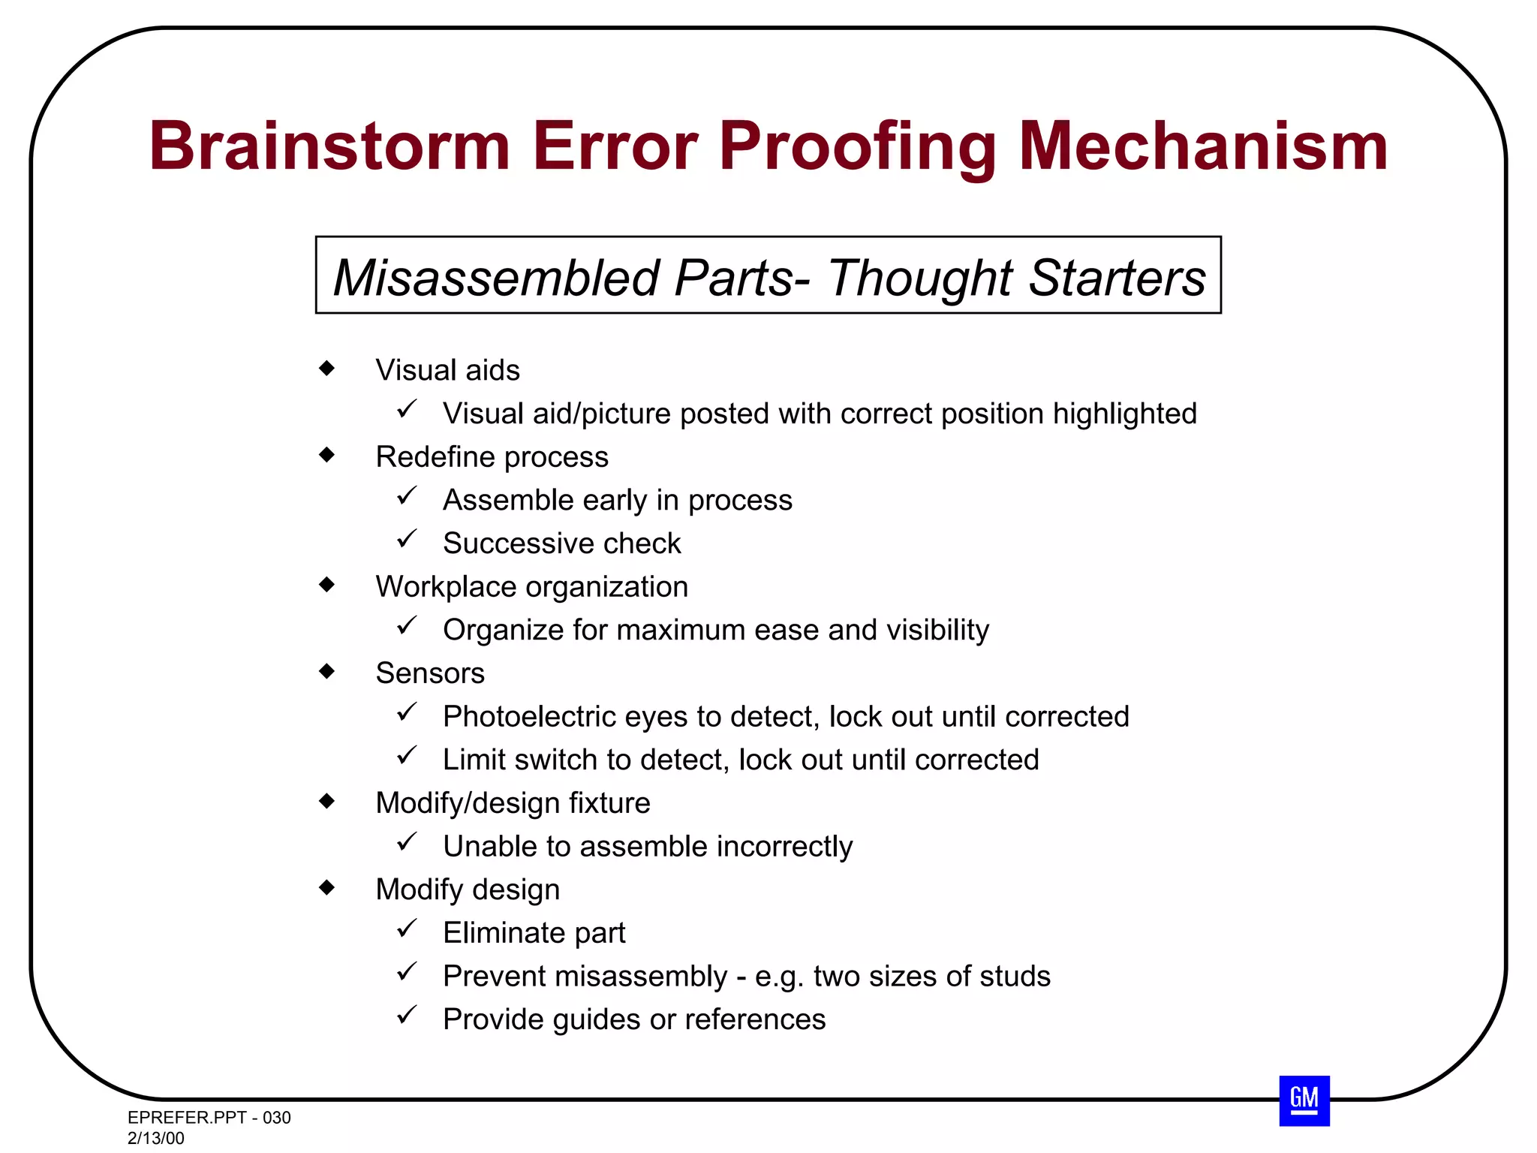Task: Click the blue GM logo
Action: pos(1304,1100)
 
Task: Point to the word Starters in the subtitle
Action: pos(1117,278)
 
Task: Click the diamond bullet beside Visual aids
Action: pos(326,368)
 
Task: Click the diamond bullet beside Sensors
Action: pos(326,671)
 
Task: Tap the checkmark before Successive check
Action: pos(407,539)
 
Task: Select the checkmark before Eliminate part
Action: pos(407,929)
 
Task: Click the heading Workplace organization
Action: pos(531,587)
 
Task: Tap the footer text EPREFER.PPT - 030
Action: pos(209,1118)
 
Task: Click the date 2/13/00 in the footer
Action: pos(155,1138)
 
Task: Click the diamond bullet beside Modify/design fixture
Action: pos(326,801)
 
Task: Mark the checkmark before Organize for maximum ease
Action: pos(407,625)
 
